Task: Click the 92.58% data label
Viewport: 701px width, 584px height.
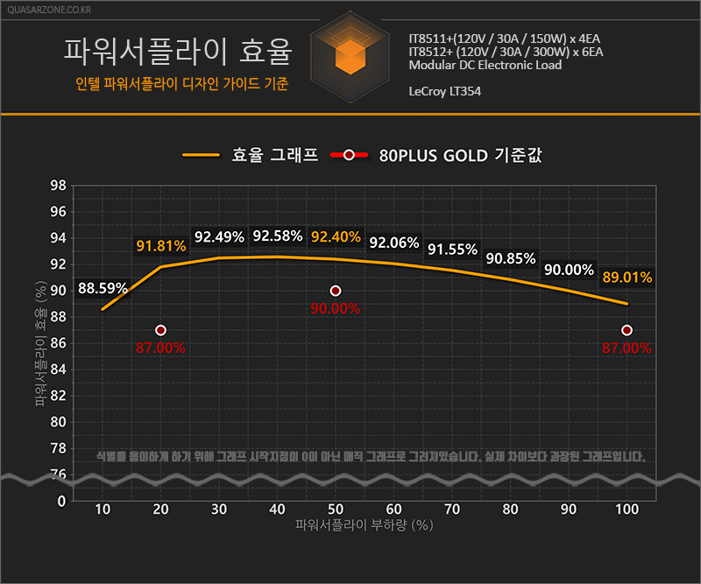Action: [278, 236]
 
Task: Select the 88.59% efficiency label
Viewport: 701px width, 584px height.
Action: [103, 288]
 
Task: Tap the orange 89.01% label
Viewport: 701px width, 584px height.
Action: [627, 277]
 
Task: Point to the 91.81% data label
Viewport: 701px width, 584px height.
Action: [161, 246]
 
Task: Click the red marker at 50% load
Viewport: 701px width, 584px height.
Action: [336, 291]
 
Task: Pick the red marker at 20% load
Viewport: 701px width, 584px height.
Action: [161, 330]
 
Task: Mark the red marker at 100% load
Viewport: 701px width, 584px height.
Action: [627, 330]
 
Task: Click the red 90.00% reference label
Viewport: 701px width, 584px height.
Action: [336, 308]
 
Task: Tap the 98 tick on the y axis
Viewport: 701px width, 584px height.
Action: [58, 186]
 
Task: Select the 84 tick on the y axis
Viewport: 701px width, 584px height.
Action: [58, 369]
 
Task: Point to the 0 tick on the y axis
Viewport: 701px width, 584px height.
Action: [61, 501]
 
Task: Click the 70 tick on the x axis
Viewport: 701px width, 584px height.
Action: [452, 510]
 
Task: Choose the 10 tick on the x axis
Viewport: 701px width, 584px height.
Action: [103, 510]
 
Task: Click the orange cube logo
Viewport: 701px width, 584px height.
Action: [350, 57]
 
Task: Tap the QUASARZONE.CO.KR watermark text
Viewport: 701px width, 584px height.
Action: [49, 10]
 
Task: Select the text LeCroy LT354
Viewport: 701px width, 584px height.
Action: [445, 91]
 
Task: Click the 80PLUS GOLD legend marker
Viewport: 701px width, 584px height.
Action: [349, 155]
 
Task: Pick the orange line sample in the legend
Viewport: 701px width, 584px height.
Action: [201, 155]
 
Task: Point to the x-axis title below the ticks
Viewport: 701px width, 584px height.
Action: [364, 525]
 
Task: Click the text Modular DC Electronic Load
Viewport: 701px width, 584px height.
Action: [485, 66]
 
